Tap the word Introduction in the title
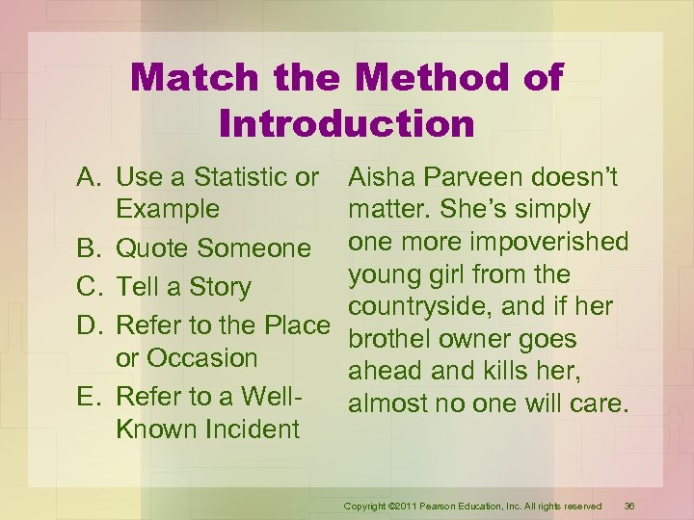[x=347, y=123]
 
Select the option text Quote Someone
[x=213, y=249]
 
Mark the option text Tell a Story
[x=183, y=287]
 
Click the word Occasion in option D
[x=186, y=358]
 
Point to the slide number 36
[x=629, y=507]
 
